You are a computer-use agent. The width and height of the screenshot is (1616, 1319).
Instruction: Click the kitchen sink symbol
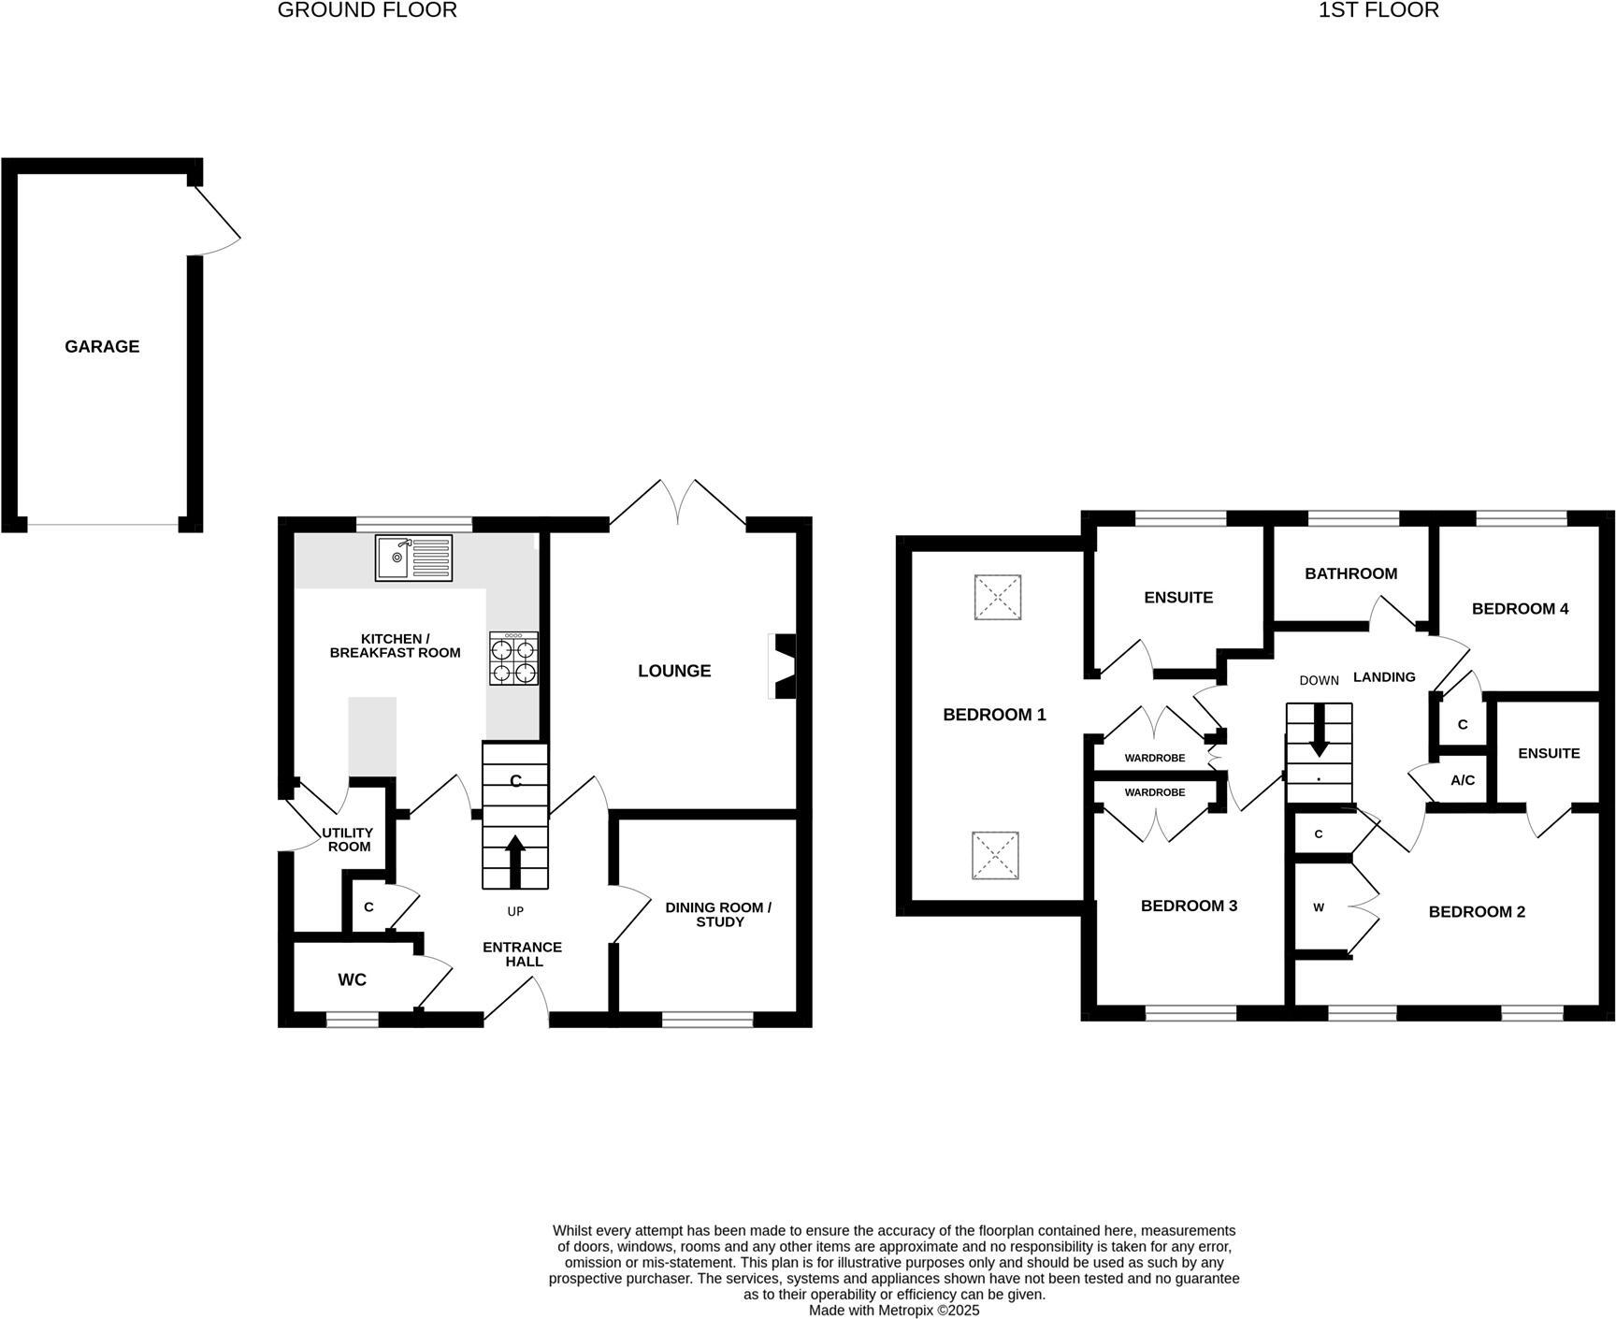[413, 558]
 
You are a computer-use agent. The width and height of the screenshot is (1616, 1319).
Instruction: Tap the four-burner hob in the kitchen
[513, 659]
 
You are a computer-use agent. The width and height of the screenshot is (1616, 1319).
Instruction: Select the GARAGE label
[102, 346]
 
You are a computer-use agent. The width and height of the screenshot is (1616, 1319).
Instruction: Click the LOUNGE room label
[674, 671]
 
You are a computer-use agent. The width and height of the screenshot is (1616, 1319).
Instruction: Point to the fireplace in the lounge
[784, 666]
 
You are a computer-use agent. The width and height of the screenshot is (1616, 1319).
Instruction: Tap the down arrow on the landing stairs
[1319, 730]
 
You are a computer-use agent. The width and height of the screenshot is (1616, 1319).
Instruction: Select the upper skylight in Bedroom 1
[997, 597]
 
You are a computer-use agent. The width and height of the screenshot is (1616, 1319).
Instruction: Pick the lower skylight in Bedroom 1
[996, 855]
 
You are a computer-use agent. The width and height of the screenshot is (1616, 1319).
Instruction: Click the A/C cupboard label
[1463, 780]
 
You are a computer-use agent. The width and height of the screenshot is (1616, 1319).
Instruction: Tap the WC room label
[353, 979]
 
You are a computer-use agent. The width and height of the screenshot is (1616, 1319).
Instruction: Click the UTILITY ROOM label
[348, 839]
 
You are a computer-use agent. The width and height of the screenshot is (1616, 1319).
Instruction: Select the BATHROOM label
[1350, 573]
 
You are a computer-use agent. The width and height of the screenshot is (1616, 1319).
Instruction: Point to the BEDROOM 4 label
[1520, 609]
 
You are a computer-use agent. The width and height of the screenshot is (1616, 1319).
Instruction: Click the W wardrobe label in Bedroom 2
[1319, 907]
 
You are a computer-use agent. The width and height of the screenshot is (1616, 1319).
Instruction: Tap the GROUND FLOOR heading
[368, 10]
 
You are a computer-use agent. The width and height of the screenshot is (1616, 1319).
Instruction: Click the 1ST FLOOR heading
[1378, 10]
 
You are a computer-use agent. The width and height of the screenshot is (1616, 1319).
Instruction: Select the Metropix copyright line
[894, 1311]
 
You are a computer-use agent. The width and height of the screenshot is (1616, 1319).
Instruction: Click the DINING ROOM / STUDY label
[718, 914]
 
